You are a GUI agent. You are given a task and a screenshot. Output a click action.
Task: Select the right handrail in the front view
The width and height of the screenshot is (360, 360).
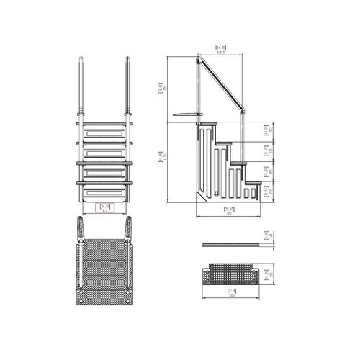pos(128,86)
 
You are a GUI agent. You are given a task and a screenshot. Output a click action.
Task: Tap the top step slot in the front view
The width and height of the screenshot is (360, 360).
pos(104,133)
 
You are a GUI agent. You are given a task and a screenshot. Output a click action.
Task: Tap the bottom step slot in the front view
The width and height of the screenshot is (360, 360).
pos(104,192)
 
